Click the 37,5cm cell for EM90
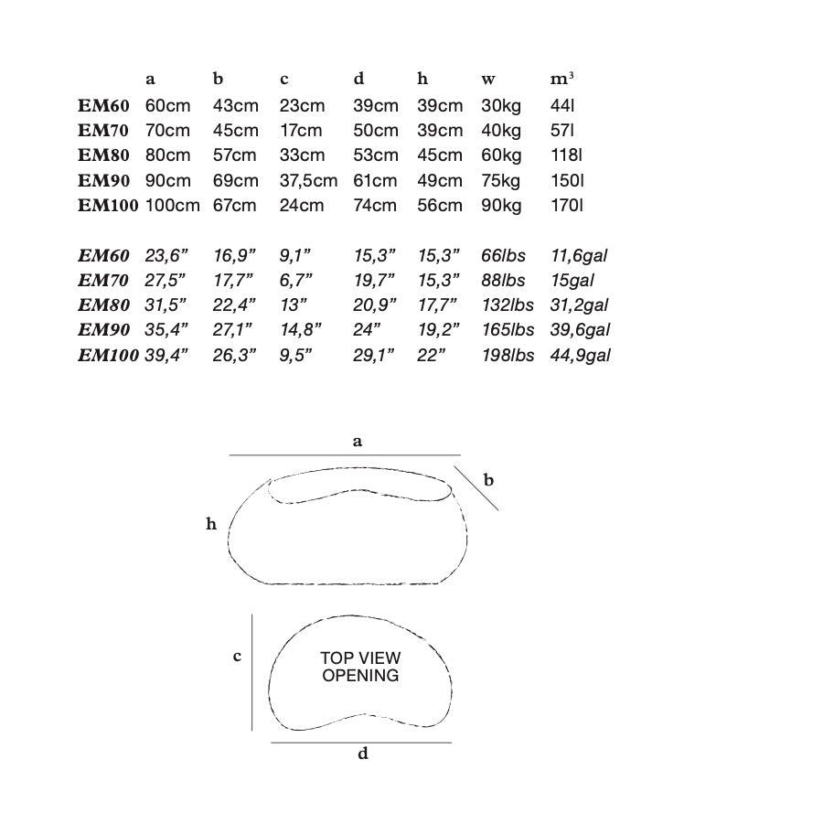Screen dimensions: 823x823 tap(308, 180)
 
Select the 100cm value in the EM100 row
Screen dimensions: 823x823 tap(172, 205)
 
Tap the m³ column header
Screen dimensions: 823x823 tap(561, 79)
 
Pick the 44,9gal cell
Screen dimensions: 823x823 tap(580, 356)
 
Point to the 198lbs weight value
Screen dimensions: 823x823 tap(508, 356)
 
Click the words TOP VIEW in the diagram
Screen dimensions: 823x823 tap(360, 657)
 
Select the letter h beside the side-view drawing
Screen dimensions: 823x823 tap(211, 523)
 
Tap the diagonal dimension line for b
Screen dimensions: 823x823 tap(476, 487)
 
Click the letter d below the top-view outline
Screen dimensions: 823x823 tap(363, 754)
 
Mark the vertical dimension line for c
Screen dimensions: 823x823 tap(252, 672)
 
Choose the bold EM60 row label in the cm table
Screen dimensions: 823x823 tap(103, 105)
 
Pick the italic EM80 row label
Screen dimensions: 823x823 tap(103, 305)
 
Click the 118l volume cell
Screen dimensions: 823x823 tap(566, 155)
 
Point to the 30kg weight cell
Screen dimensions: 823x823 tap(501, 106)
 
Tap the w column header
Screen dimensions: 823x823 tap(488, 80)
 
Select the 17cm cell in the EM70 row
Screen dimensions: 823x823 tap(301, 130)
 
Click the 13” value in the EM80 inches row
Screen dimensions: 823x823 tap(294, 305)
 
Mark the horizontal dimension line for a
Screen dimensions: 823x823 tap(345, 455)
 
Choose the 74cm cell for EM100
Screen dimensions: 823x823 tap(375, 205)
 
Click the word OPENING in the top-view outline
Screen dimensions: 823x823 tap(360, 675)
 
